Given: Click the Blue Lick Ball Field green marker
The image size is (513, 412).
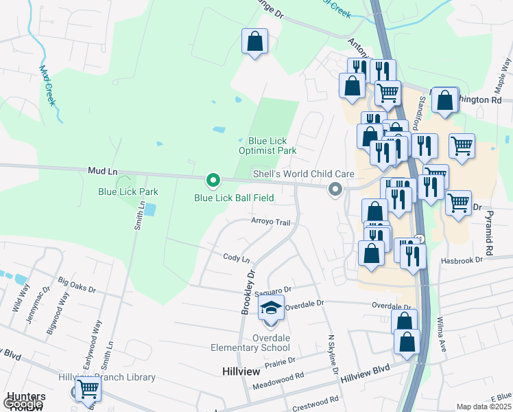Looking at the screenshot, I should point(213,181).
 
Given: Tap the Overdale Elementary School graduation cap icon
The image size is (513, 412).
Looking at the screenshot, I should point(272,307).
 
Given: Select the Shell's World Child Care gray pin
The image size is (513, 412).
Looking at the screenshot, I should point(335,188).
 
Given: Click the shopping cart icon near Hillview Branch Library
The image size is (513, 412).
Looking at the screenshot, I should point(88,389).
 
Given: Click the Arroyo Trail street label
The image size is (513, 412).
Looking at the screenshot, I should point(272,222).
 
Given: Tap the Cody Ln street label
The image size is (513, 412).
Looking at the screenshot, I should point(237,257).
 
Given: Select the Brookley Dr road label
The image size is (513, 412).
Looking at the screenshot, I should point(248,292).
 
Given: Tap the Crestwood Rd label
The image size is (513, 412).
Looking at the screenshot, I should point(315,403).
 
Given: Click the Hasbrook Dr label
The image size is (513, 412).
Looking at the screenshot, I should point(462,260).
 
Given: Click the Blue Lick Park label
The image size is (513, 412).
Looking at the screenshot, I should point(128,192).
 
